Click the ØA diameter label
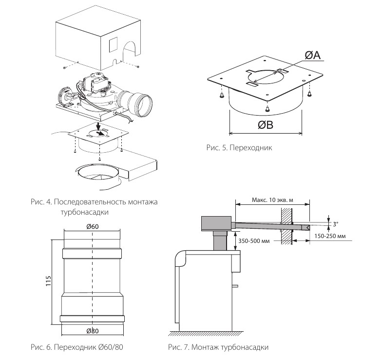coord(313,55)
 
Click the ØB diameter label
coord(266,125)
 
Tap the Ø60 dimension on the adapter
coord(93,226)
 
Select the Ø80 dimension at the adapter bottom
coord(93,331)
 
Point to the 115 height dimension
coord(49,281)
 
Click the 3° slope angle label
coord(335,224)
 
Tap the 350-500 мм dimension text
coord(254,241)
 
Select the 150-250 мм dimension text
coord(330,236)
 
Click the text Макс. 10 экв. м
coord(272,200)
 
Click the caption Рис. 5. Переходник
coord(239,147)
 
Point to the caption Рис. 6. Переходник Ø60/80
coord(77,347)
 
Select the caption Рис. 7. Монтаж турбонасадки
coord(218,347)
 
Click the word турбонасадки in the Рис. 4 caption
coord(85,212)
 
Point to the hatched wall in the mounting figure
coord(286,226)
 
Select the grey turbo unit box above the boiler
coord(216,223)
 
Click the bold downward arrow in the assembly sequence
coord(98,127)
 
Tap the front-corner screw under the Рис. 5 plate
coord(267,108)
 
